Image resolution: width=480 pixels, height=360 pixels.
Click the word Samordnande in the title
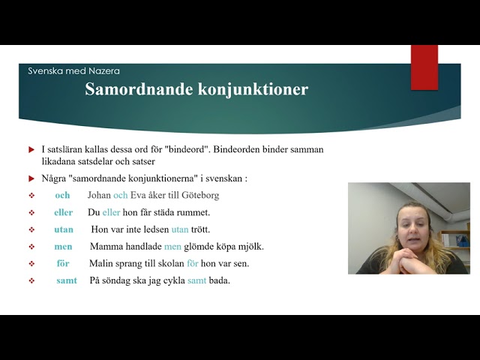[139, 89]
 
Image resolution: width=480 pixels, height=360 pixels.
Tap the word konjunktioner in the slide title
[253, 90]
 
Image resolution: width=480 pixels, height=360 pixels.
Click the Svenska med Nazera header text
[73, 71]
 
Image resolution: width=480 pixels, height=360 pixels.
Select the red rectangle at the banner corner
[424, 67]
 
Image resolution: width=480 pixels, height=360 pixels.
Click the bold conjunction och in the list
[62, 195]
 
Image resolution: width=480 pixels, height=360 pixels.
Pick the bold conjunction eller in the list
[63, 212]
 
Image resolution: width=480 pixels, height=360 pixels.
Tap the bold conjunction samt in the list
[67, 280]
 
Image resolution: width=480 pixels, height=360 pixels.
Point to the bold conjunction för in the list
[63, 263]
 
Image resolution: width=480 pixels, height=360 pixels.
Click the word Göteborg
[200, 195]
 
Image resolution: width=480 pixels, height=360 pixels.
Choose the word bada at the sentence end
[219, 280]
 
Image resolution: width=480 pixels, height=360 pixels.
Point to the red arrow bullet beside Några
[31, 178]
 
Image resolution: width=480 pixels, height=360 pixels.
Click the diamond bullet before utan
[31, 229]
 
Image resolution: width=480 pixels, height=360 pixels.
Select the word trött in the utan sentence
[200, 229]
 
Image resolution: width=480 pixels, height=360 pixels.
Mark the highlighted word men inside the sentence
[172, 247]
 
